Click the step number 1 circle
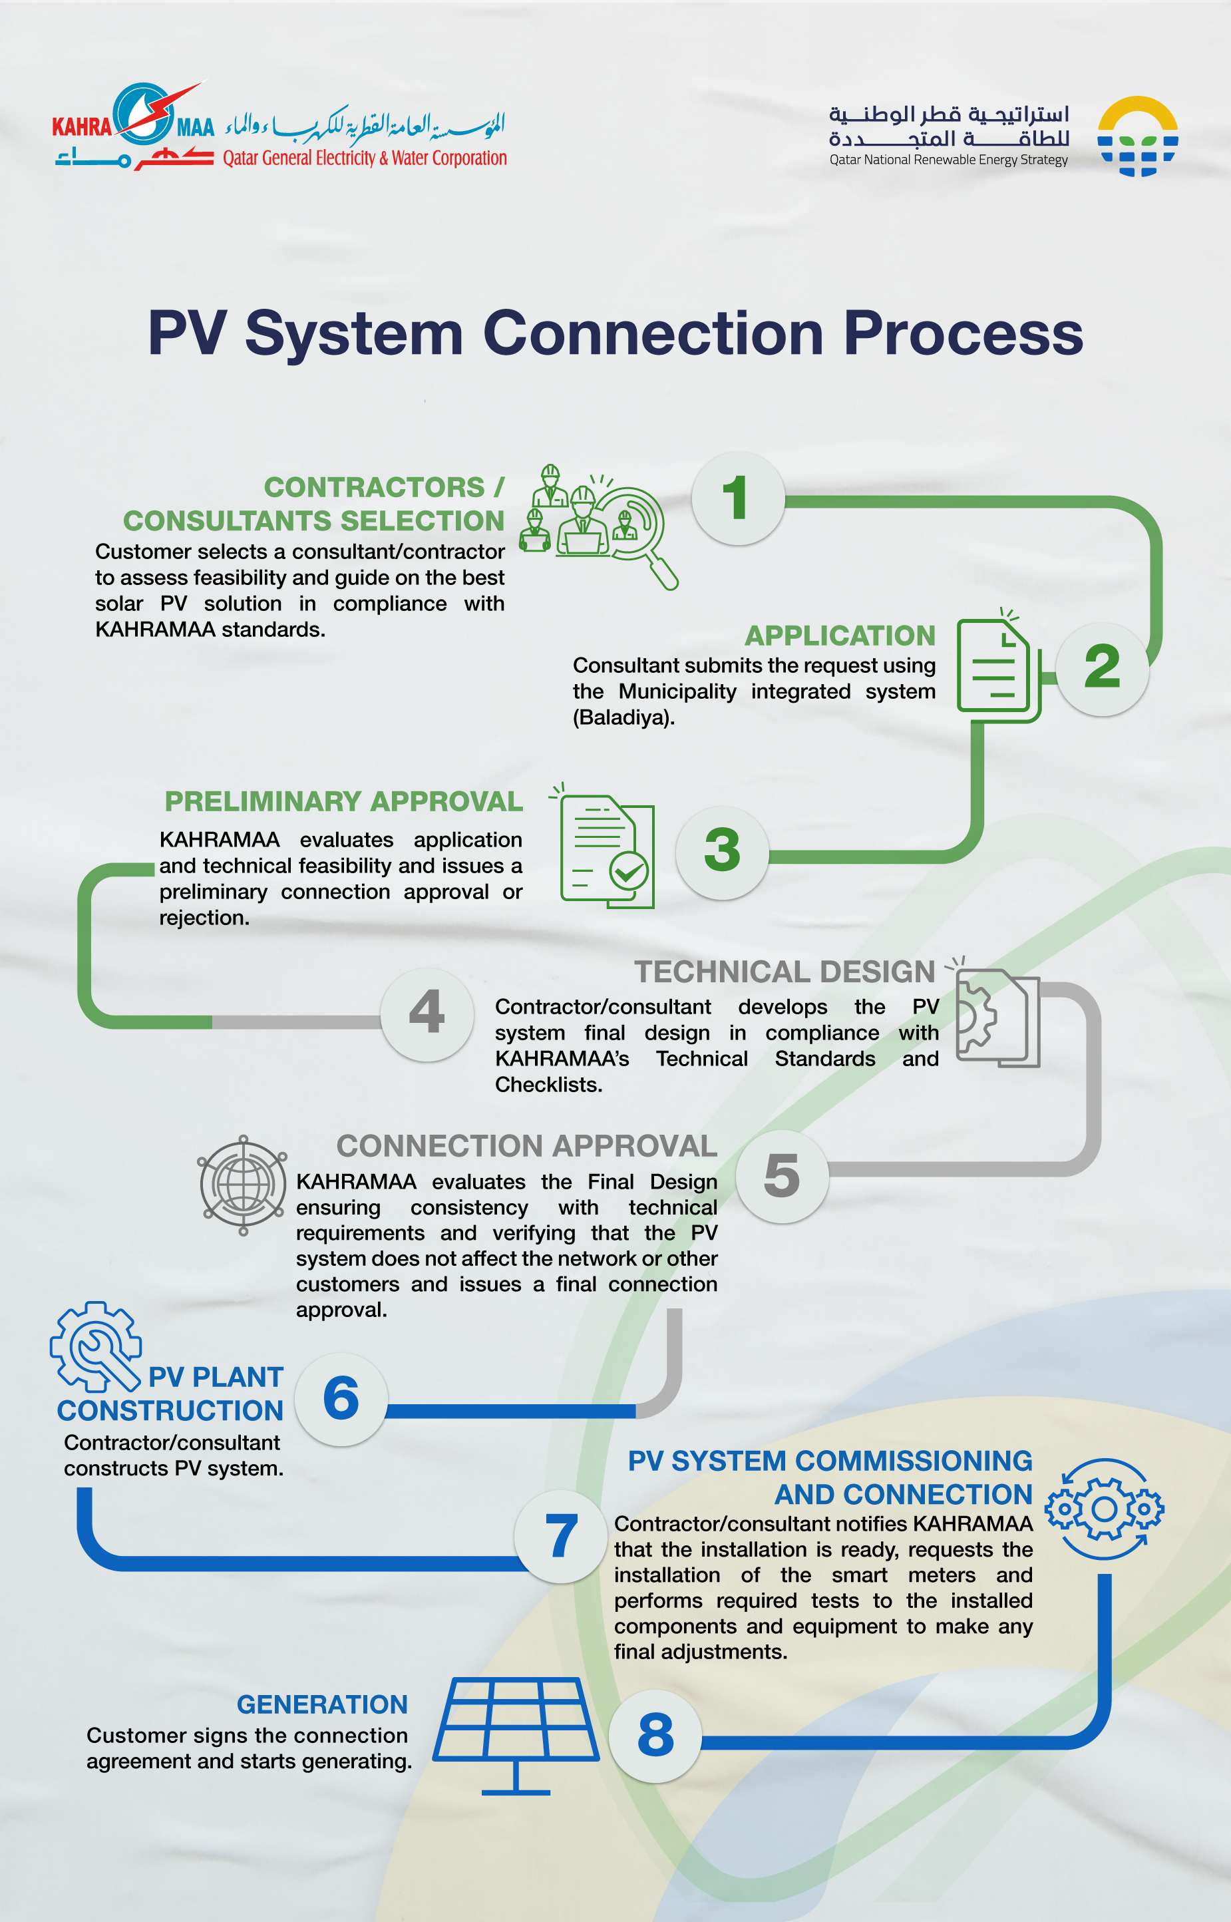click(x=738, y=498)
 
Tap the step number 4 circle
click(x=427, y=1014)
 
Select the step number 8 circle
click(x=655, y=1736)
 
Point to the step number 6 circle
click(x=341, y=1399)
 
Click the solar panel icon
click(x=516, y=1727)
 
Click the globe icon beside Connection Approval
click(x=242, y=1184)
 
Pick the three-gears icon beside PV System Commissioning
click(x=1104, y=1509)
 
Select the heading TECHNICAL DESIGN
click(x=784, y=972)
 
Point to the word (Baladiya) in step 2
click(x=623, y=717)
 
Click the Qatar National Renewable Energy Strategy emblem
click(x=1137, y=136)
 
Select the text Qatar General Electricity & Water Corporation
click(x=365, y=158)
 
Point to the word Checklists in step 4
click(x=548, y=1085)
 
